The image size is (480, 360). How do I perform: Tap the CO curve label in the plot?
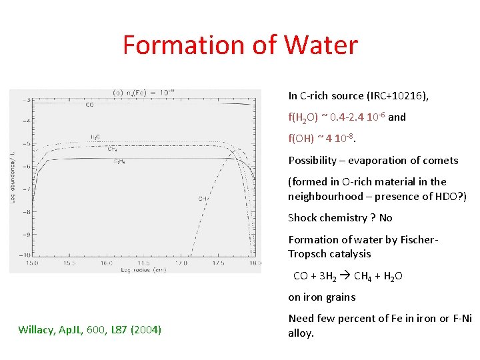pyautogui.click(x=89, y=105)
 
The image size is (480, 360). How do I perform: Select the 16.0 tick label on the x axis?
pyautogui.click(x=107, y=264)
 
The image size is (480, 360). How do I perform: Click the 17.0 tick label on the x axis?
pyautogui.click(x=181, y=264)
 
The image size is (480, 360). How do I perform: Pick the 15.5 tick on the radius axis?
pyautogui.click(x=69, y=264)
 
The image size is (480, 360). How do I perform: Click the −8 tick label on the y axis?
pyautogui.click(x=27, y=212)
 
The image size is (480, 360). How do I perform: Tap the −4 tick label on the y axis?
pyautogui.click(x=27, y=121)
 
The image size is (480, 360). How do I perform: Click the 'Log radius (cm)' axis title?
pyautogui.click(x=143, y=271)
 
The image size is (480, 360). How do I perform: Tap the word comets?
pyautogui.click(x=439, y=160)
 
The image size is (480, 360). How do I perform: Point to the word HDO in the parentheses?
pyautogui.click(x=444, y=196)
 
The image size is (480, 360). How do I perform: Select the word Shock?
pyautogui.click(x=302, y=217)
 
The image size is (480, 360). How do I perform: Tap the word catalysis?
pyautogui.click(x=349, y=253)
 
